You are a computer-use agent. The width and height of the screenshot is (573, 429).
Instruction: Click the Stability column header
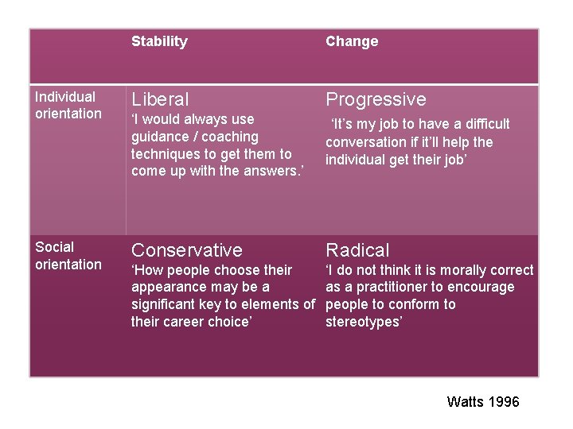tap(159, 41)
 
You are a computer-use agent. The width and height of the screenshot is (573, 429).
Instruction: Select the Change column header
tap(352, 41)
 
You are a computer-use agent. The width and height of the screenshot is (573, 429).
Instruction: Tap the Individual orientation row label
tap(68, 105)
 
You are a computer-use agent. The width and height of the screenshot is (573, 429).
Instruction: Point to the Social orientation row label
tap(68, 256)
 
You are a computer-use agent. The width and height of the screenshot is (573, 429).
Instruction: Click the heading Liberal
tap(160, 99)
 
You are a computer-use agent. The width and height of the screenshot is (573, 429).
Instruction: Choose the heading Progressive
tap(376, 99)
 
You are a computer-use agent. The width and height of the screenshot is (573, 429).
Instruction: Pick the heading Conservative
tap(186, 250)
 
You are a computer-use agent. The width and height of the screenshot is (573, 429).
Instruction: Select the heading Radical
tap(357, 250)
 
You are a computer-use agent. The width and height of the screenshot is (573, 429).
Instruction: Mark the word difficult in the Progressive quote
tap(482, 124)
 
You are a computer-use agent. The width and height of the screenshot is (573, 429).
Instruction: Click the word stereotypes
tap(364, 322)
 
